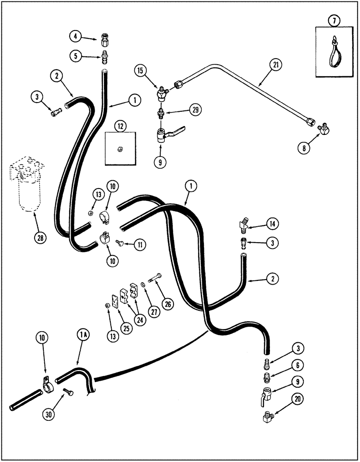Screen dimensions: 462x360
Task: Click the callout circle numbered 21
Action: click(x=276, y=65)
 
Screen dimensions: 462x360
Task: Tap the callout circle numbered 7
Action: click(x=333, y=20)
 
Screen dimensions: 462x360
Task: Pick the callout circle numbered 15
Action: click(x=140, y=71)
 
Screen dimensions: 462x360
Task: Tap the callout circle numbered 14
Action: click(x=273, y=225)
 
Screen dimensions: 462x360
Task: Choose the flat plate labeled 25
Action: click(x=114, y=301)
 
